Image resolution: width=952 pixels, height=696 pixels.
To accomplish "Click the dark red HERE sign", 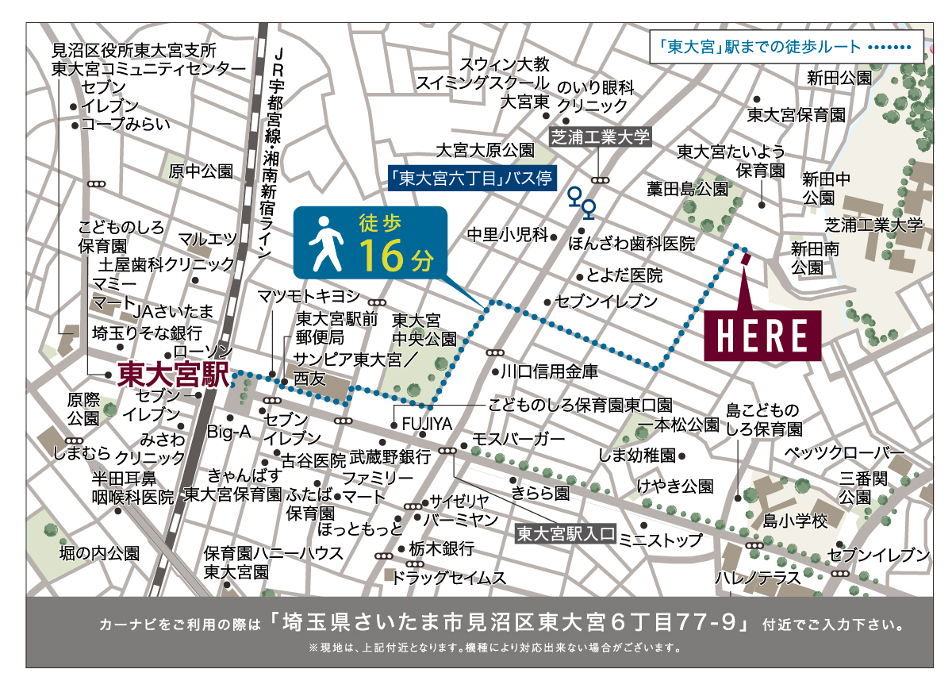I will (762, 333).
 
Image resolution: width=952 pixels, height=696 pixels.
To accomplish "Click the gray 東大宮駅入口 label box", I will (565, 533).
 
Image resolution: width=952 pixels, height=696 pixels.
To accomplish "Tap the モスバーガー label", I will (519, 439).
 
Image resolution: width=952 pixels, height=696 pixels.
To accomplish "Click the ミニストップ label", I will (660, 540).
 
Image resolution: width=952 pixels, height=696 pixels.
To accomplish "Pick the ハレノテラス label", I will (759, 578).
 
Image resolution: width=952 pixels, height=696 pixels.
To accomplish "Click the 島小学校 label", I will (795, 521).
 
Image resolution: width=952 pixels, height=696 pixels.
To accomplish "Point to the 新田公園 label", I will (839, 78).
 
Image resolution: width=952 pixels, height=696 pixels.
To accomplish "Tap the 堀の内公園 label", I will (100, 552).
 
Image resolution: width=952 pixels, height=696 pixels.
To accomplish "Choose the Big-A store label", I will (229, 432).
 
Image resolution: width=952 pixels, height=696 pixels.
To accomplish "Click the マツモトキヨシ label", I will (309, 296).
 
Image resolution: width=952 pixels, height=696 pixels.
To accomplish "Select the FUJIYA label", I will (427, 425).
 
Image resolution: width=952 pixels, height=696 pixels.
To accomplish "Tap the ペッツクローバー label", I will (843, 453).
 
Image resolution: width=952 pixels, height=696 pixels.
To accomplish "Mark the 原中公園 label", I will (202, 171).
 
